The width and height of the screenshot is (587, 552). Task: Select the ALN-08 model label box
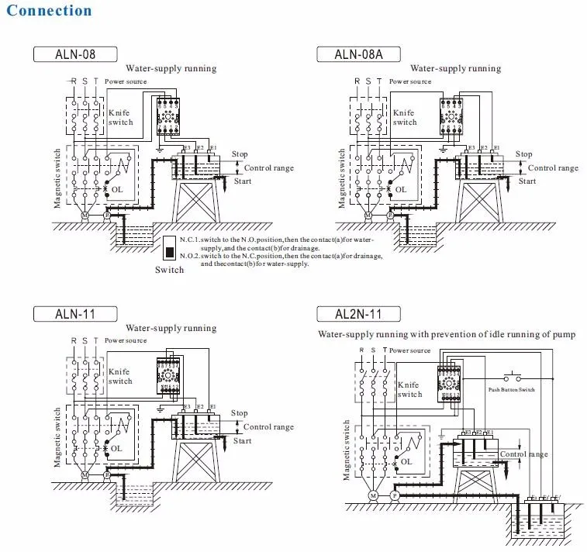[74, 54]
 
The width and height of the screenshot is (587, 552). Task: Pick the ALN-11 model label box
[74, 314]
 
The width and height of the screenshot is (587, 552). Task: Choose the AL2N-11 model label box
[357, 314]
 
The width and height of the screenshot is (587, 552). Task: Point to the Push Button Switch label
[511, 389]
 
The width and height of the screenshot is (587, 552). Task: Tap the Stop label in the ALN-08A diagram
[524, 155]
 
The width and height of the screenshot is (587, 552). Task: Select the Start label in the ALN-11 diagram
[242, 441]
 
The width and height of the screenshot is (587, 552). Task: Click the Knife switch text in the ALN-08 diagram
[120, 117]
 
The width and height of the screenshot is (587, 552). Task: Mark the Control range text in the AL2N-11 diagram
[524, 454]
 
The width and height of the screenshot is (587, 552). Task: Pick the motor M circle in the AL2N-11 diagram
[372, 495]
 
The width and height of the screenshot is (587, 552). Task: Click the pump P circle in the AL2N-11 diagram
[394, 495]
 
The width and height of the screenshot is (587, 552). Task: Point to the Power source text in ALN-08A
[410, 81]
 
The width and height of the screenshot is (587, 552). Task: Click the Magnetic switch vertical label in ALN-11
[57, 437]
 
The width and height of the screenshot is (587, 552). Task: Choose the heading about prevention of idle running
[447, 335]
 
